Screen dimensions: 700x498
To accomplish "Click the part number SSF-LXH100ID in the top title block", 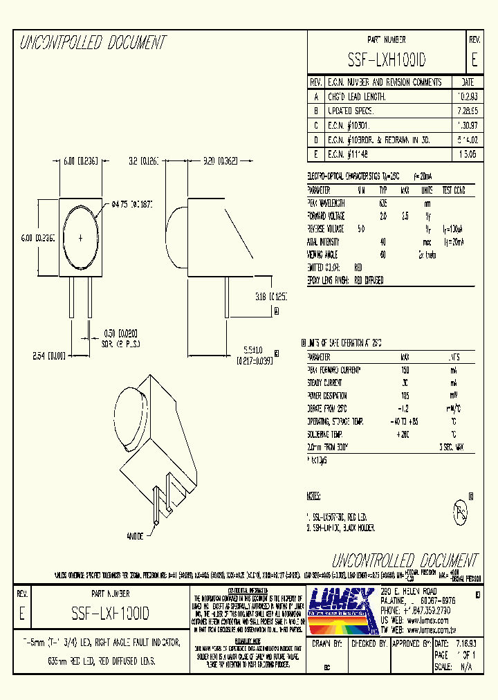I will (387, 61).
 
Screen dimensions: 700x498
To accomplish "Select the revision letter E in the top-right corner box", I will (474, 60).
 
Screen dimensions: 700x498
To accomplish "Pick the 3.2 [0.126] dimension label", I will (144, 161).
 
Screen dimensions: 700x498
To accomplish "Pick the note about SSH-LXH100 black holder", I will (342, 528).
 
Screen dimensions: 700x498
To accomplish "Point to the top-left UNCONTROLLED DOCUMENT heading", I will (93, 43).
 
